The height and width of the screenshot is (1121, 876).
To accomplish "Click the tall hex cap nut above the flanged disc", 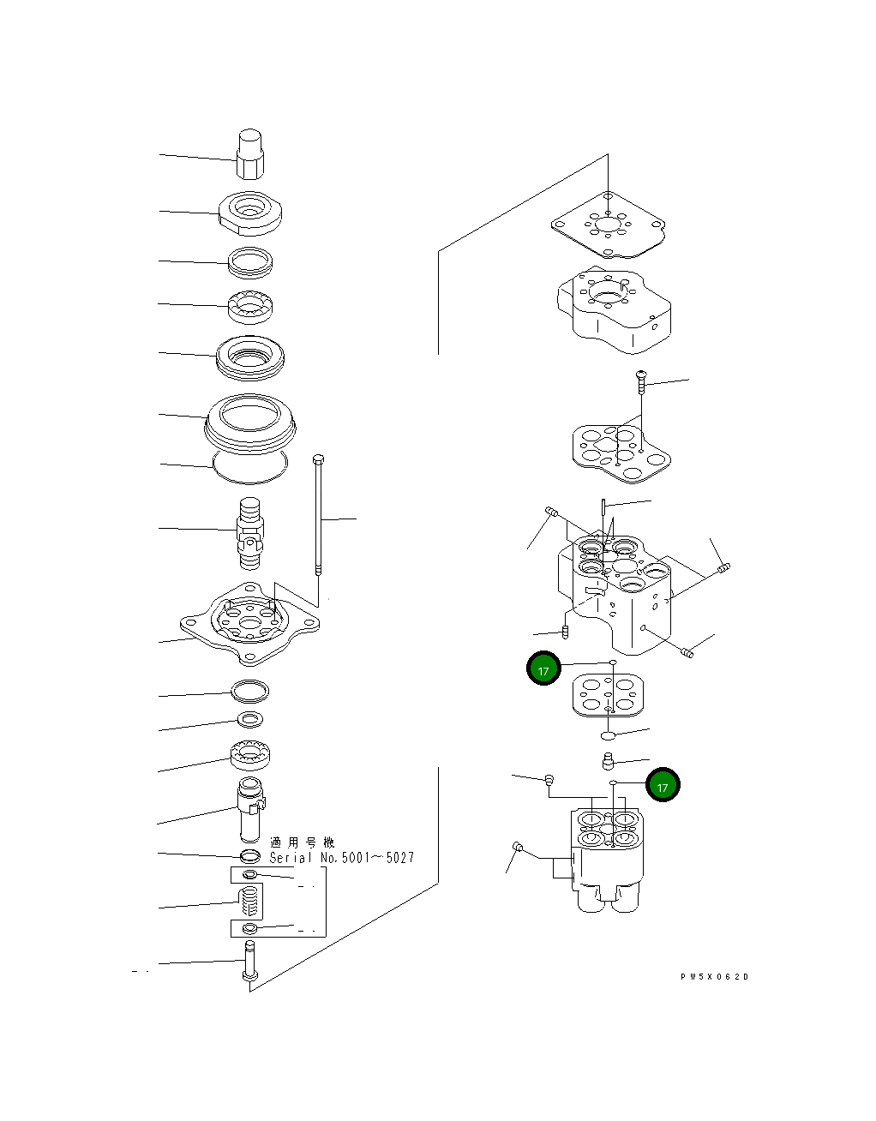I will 249,155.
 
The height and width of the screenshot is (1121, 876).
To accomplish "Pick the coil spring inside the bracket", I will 249,902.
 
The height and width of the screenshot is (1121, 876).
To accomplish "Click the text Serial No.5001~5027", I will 342,858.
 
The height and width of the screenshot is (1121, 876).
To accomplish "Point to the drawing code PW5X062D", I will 714,977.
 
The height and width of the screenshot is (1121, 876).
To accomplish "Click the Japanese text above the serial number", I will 303,842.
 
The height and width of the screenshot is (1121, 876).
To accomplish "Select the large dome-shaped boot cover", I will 250,421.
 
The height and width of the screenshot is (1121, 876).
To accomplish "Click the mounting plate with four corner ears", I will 249,623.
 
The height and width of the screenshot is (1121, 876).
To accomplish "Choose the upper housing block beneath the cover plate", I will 614,309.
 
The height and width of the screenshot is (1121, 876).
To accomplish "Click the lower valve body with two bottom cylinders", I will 608,857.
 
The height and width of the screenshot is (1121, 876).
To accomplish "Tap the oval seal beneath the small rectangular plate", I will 608,734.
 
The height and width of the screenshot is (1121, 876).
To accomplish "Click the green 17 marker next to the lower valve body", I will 663,785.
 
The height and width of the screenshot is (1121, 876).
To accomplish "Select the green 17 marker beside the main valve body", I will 543,669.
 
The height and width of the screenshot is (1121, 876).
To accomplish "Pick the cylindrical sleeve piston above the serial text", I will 251,809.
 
